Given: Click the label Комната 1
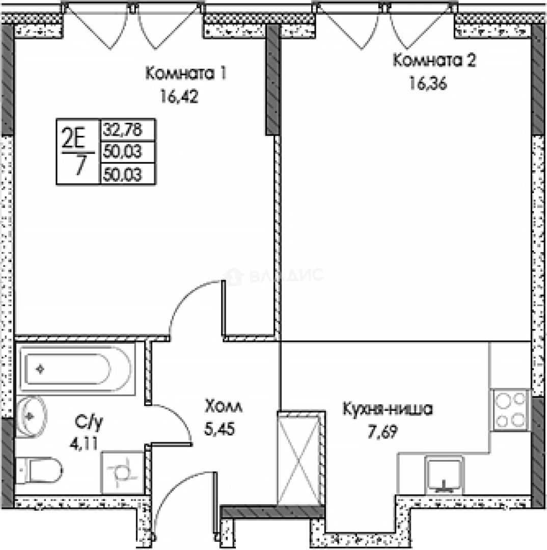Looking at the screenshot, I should [x=185, y=74].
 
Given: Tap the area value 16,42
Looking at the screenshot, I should [x=178, y=97].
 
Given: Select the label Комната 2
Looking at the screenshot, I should [x=434, y=61].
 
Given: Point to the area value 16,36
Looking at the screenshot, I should [x=428, y=84].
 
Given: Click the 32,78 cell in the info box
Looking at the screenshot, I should [x=122, y=130].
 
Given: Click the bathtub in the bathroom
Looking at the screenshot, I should [x=66, y=369].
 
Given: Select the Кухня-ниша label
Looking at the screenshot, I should [x=388, y=409].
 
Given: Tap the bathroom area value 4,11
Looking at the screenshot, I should [x=81, y=442].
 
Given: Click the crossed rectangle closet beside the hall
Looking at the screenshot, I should [x=298, y=458].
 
